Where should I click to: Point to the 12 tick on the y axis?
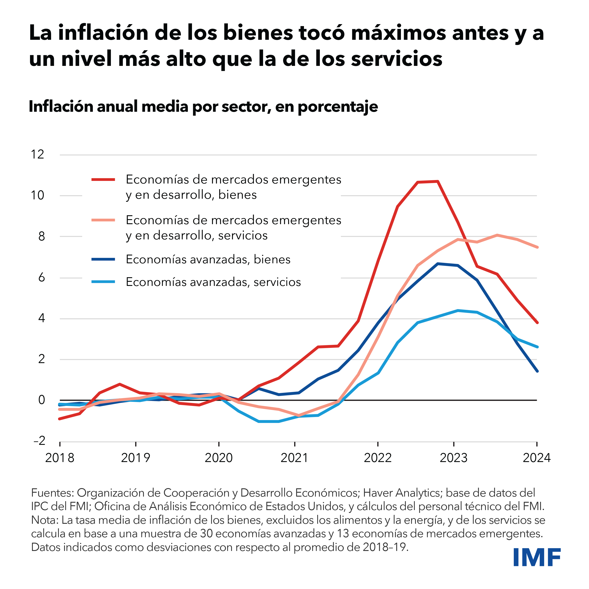pos(37,155)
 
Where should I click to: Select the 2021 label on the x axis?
pos(294,458)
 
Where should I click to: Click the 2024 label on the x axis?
pos(537,458)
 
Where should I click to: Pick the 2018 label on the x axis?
pos(60,458)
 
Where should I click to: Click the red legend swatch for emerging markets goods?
pos(103,180)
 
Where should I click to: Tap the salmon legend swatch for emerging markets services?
pos(103,220)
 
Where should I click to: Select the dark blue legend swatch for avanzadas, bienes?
pos(103,259)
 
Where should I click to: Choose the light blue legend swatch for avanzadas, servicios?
pos(103,282)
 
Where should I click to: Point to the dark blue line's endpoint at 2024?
pos(537,371)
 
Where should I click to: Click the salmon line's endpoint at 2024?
pos(537,247)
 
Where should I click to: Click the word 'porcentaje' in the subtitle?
pos(338,107)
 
